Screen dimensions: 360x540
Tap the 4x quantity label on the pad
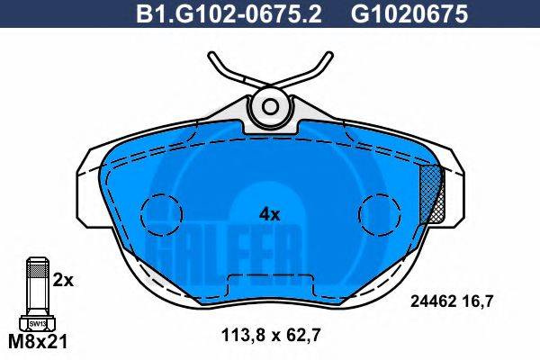pyautogui.click(x=270, y=214)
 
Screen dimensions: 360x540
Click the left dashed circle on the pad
pyautogui.click(x=162, y=213)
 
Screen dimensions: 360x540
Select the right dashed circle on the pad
pyautogui.click(x=378, y=213)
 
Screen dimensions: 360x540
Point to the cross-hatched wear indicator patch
pyautogui.click(x=436, y=193)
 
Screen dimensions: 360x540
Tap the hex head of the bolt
pyautogui.click(x=37, y=322)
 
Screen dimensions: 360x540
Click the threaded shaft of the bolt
pyautogui.click(x=37, y=283)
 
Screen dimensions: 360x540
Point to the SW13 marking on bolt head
pyautogui.click(x=37, y=322)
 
